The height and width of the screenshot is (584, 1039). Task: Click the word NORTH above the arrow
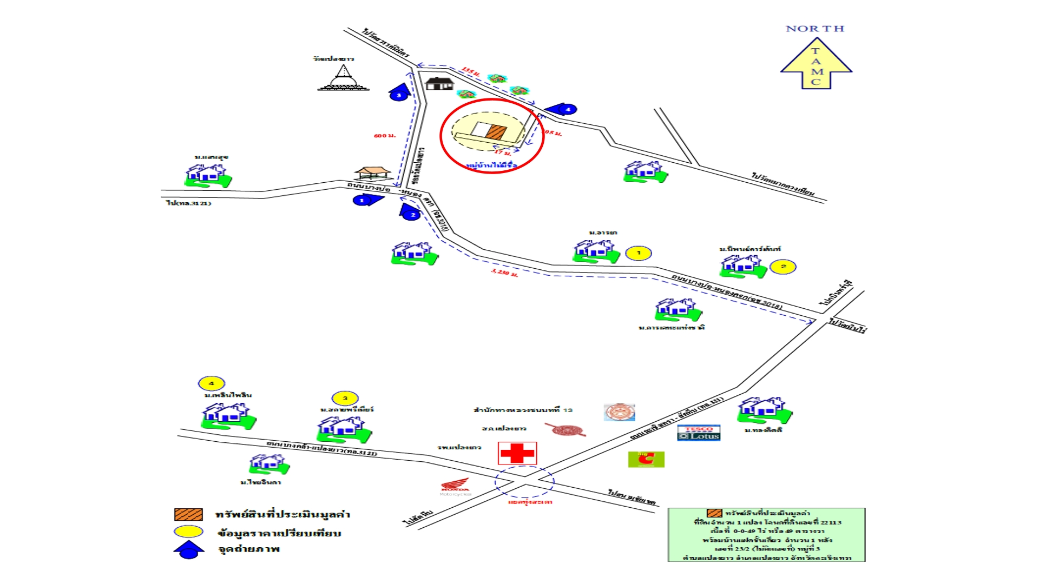814,29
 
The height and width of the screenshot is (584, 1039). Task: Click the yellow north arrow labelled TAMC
816,64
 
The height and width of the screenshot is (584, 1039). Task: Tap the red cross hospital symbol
517,453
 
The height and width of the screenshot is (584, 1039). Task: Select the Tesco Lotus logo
699,433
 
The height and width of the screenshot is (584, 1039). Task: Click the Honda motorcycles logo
455,488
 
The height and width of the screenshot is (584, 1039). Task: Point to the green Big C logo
646,460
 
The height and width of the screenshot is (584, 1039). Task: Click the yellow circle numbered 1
639,253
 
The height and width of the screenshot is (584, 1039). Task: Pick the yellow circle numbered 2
782,267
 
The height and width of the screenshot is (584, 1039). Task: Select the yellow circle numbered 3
345,399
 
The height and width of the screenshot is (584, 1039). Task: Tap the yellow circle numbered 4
211,383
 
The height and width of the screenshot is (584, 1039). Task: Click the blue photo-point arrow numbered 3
399,94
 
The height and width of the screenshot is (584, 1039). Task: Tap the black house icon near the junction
439,83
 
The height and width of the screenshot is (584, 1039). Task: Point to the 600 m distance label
384,135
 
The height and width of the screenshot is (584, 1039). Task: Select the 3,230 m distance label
504,273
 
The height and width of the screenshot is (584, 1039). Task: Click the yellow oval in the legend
188,532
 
